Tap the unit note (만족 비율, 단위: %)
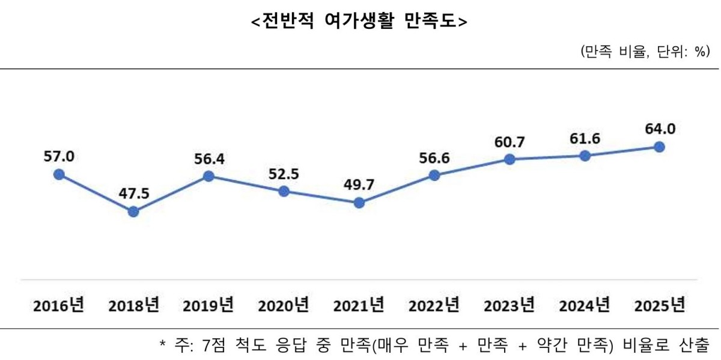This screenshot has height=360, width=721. [x=645, y=52]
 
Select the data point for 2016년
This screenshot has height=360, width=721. [x=58, y=174]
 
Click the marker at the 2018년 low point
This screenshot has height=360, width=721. [x=133, y=212]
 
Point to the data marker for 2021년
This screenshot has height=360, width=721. [x=359, y=203]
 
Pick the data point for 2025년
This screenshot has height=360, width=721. [x=659, y=147]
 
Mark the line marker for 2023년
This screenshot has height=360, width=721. [x=509, y=159]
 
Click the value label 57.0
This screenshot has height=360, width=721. [x=58, y=157]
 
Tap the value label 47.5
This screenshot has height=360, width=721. [x=133, y=194]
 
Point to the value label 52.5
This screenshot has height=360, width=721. [x=284, y=174]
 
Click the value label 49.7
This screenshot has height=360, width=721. [x=359, y=185]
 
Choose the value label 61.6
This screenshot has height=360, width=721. [x=584, y=138]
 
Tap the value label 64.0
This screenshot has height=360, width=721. [x=659, y=129]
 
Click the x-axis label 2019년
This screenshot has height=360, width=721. [x=208, y=305]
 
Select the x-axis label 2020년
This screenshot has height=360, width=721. [x=284, y=305]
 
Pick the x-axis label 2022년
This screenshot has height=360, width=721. [x=434, y=305]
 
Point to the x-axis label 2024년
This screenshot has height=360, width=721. [x=584, y=305]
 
